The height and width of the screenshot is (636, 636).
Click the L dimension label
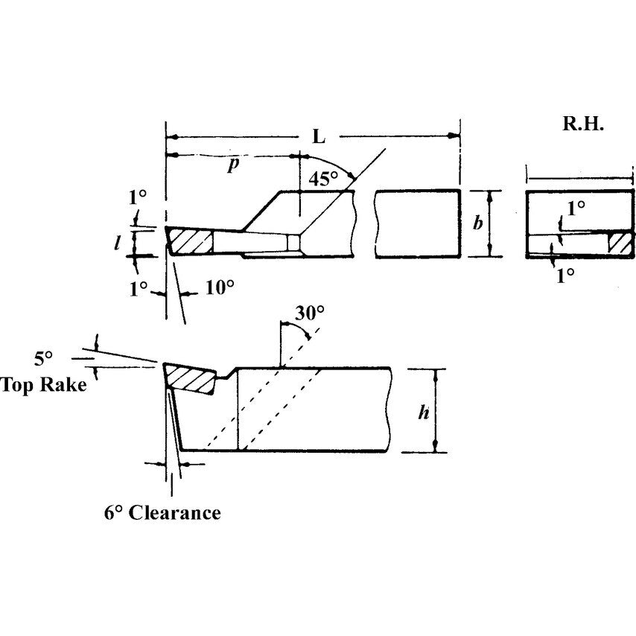point(319,137)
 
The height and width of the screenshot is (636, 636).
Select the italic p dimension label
point(233,165)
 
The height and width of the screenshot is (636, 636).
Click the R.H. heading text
point(582,124)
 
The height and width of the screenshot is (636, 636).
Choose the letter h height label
point(423,411)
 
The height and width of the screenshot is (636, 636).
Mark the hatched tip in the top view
point(191,241)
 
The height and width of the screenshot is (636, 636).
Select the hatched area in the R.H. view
point(619,243)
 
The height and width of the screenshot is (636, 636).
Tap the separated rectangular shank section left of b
point(417,223)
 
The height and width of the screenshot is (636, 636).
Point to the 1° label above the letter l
point(138,198)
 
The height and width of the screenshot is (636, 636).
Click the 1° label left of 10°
point(137,288)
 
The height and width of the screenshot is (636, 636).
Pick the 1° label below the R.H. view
point(565,275)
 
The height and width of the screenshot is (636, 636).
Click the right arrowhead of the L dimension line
point(454,136)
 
